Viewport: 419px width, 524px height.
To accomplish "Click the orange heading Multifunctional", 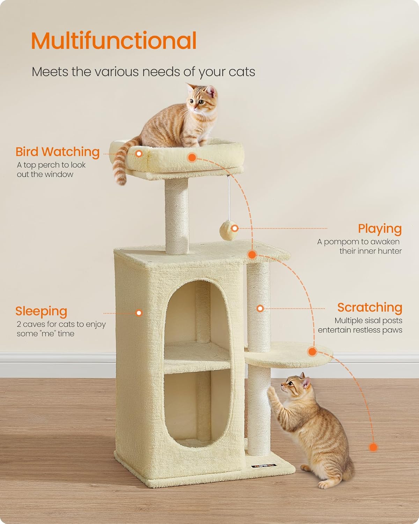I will [x=114, y=41].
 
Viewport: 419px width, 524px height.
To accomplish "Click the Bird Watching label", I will [x=58, y=152].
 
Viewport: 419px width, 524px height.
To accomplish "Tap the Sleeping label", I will [x=41, y=311].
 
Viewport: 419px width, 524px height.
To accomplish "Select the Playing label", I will [x=380, y=229].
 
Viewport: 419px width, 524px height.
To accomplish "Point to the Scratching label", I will [x=369, y=307].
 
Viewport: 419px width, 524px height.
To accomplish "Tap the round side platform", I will [x=290, y=355].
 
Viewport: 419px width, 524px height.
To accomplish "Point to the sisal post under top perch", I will [x=177, y=213].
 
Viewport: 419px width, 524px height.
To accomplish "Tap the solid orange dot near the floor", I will [x=373, y=447].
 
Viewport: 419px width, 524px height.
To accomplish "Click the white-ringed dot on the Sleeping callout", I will [x=139, y=313].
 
